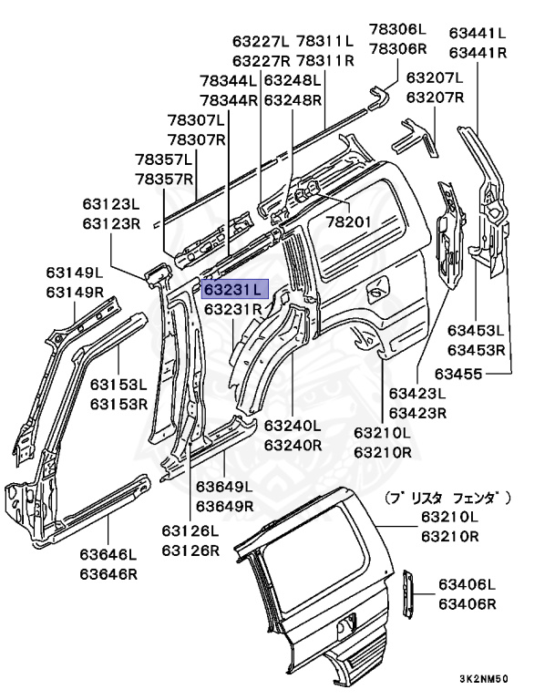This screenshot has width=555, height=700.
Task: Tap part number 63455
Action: coord(457,372)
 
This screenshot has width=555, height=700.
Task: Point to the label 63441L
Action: coord(478,34)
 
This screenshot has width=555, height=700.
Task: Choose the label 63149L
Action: coord(76,273)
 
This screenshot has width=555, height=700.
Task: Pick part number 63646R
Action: coord(108,573)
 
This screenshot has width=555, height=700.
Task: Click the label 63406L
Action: coord(467,584)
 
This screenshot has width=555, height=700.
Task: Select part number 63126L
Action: coord(191,530)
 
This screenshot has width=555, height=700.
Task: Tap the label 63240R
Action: coord(293,445)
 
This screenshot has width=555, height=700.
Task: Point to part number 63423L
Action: coord(417,394)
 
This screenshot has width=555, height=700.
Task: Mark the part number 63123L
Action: coord(110,204)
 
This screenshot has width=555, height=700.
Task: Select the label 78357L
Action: coord(164,159)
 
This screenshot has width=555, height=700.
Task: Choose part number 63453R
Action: coord(476,349)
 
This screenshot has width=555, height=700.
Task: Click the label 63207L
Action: coord(435,77)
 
